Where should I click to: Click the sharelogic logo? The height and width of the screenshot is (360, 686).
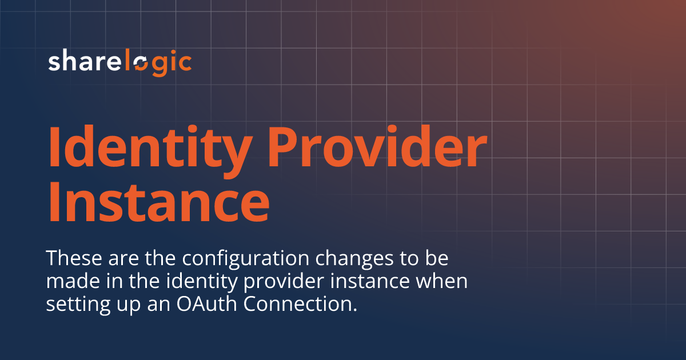pos(119,62)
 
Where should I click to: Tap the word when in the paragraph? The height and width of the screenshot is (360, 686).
pos(448,281)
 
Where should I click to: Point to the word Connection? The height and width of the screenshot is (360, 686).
pos(295,304)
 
